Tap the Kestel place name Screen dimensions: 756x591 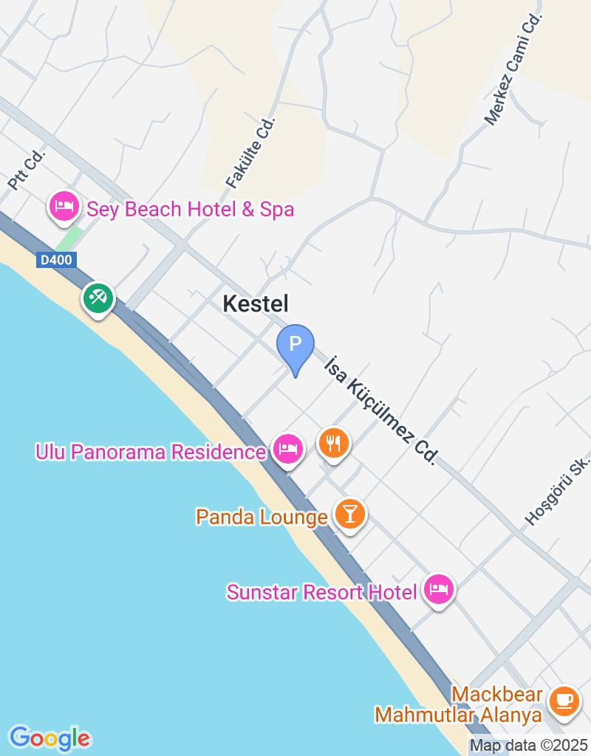coord(256,303)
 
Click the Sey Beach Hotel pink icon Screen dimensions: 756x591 coord(64,206)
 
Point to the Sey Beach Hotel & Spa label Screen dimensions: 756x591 coord(191,210)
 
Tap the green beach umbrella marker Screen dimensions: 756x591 coord(98,298)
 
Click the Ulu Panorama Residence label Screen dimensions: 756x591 coord(151,452)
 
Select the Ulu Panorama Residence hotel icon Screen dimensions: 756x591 coord(287,448)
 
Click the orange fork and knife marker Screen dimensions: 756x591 coord(334,443)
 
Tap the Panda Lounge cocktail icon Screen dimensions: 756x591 coord(349,513)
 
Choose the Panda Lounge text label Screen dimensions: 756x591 coord(262,517)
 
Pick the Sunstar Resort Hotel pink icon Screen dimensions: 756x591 coord(440,589)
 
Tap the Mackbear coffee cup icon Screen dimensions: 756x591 coord(564,698)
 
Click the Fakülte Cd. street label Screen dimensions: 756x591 coord(250,153)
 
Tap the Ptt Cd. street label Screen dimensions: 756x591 coord(27,171)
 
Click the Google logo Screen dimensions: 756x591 coord(49,738)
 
